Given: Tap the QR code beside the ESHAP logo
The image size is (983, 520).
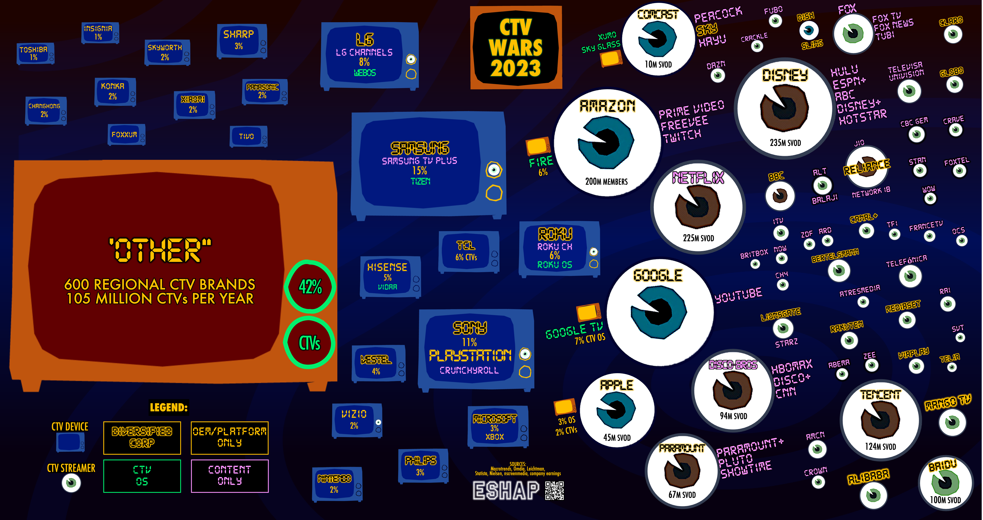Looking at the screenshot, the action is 555,490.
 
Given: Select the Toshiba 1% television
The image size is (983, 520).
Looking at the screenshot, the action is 34,53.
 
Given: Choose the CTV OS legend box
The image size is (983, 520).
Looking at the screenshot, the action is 142,476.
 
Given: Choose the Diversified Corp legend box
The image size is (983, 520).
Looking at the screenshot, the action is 142,438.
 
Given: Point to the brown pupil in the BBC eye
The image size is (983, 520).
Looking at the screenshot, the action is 780,196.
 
